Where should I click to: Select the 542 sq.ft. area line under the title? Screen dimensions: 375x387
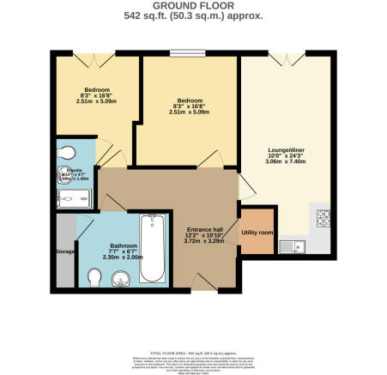192,16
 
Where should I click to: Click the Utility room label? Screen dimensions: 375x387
257,232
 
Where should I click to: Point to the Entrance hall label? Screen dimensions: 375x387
205,231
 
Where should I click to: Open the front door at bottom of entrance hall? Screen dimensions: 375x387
199,285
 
